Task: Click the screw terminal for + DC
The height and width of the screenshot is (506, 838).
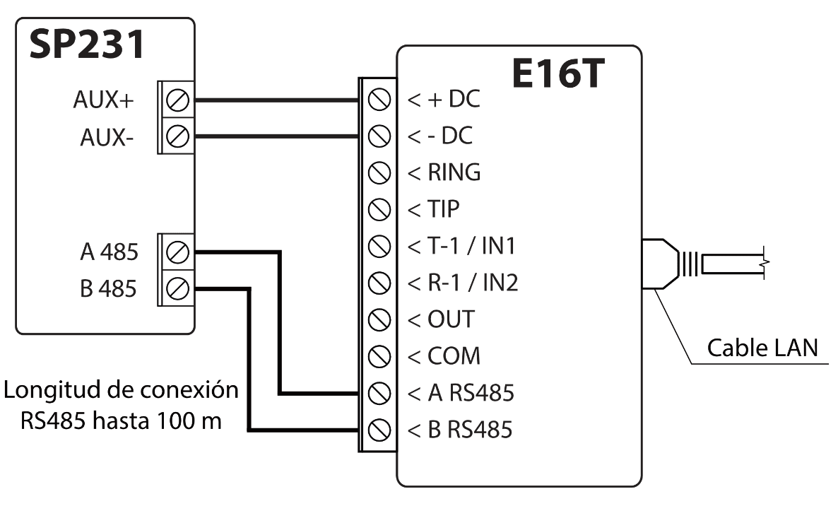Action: pyautogui.click(x=380, y=100)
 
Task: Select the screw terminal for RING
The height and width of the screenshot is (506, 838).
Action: pyautogui.click(x=380, y=172)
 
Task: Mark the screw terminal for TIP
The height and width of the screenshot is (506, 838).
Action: pyautogui.click(x=380, y=209)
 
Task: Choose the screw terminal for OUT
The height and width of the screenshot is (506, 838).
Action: pyautogui.click(x=380, y=319)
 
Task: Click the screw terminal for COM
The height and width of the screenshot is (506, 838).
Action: pyautogui.click(x=380, y=355)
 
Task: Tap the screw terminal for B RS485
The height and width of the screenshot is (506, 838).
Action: pyautogui.click(x=380, y=429)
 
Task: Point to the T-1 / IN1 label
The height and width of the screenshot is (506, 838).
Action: pyautogui.click(x=464, y=246)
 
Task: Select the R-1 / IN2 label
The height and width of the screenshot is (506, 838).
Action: pyautogui.click(x=464, y=283)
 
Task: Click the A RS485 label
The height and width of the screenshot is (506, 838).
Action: pyautogui.click(x=461, y=393)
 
